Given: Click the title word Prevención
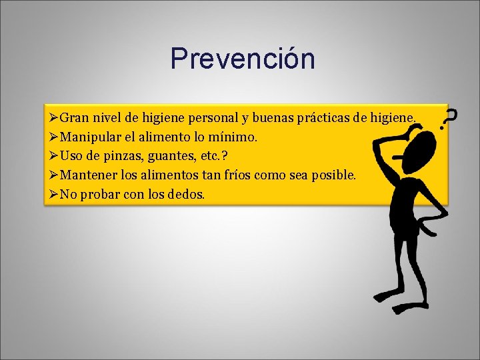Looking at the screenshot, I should pos(242,59).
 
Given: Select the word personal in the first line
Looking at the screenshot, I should pos(215,118).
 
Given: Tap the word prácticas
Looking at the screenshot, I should pos(323,118).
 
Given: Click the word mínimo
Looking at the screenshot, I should pos(234,137).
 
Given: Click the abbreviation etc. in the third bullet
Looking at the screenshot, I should pos(203,156).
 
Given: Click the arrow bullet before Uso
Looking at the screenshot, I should pos(53,156).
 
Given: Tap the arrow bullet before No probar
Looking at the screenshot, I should pos(53,194).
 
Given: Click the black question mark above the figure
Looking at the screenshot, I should pos(451,118).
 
